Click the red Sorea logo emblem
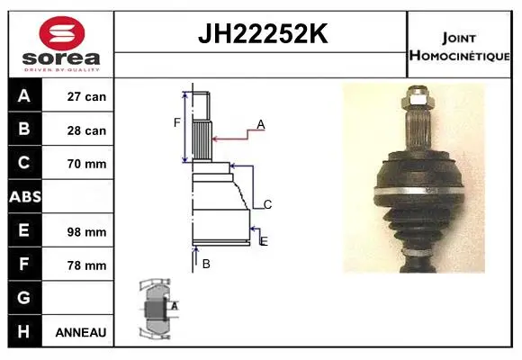click(x=62, y=33)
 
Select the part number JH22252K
click(x=263, y=33)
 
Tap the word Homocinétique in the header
click(x=459, y=56)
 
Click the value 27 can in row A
click(x=86, y=96)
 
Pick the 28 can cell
click(x=86, y=130)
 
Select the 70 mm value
click(x=86, y=164)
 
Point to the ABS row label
click(x=25, y=197)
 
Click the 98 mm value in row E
click(x=86, y=232)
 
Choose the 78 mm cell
click(x=86, y=265)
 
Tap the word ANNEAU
click(x=81, y=332)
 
